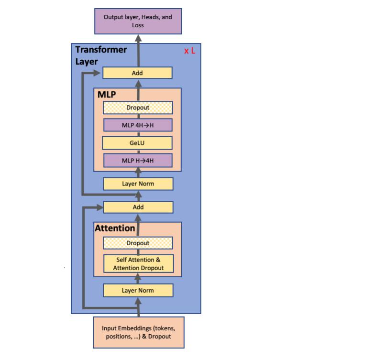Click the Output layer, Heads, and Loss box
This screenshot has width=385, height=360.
[x=138, y=21]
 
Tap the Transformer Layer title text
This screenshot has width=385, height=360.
[x=100, y=55]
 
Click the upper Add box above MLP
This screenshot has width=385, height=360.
[x=137, y=73]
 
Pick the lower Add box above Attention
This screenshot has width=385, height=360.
[x=138, y=207]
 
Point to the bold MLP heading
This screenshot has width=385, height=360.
[x=107, y=94]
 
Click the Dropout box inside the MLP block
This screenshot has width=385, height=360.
[x=138, y=108]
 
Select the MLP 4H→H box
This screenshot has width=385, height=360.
[x=138, y=125]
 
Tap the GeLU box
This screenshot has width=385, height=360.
[x=138, y=143]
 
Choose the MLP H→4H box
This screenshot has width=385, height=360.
[x=138, y=160]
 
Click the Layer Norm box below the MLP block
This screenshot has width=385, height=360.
[x=138, y=184]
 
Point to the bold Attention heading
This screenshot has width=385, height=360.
[x=115, y=228]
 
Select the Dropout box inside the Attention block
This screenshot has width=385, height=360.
[x=138, y=243]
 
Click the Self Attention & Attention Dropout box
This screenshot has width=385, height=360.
[x=138, y=264]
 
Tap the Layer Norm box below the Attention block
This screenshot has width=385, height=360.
[x=138, y=290]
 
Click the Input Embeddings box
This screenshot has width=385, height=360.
[x=138, y=332]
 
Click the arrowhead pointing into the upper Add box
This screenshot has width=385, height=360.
[x=99, y=73]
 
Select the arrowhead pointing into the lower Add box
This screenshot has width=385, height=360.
[x=99, y=207]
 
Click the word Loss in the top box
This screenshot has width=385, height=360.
[x=138, y=25]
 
